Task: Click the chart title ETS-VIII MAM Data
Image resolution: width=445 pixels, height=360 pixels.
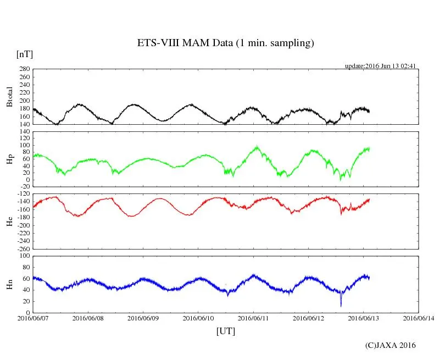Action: click(225, 43)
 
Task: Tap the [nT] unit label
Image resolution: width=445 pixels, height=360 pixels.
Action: click(25, 54)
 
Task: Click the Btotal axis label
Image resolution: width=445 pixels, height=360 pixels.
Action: click(9, 96)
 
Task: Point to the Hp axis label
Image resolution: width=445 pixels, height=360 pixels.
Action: click(9, 159)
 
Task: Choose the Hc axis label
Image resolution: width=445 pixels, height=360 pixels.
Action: click(9, 221)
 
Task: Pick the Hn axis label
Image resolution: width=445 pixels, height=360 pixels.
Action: click(9, 284)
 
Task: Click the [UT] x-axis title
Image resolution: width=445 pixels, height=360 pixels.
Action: click(226, 331)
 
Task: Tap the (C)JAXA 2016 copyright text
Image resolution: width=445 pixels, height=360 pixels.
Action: click(391, 345)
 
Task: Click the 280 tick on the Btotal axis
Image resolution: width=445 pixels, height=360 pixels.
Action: click(25, 69)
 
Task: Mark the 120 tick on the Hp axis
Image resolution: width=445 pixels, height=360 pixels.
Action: click(25, 131)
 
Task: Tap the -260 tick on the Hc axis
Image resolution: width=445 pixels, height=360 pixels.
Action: click(24, 248)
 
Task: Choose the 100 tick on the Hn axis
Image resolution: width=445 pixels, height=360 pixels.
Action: click(25, 256)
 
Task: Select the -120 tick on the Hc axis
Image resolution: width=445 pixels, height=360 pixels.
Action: click(24, 195)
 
